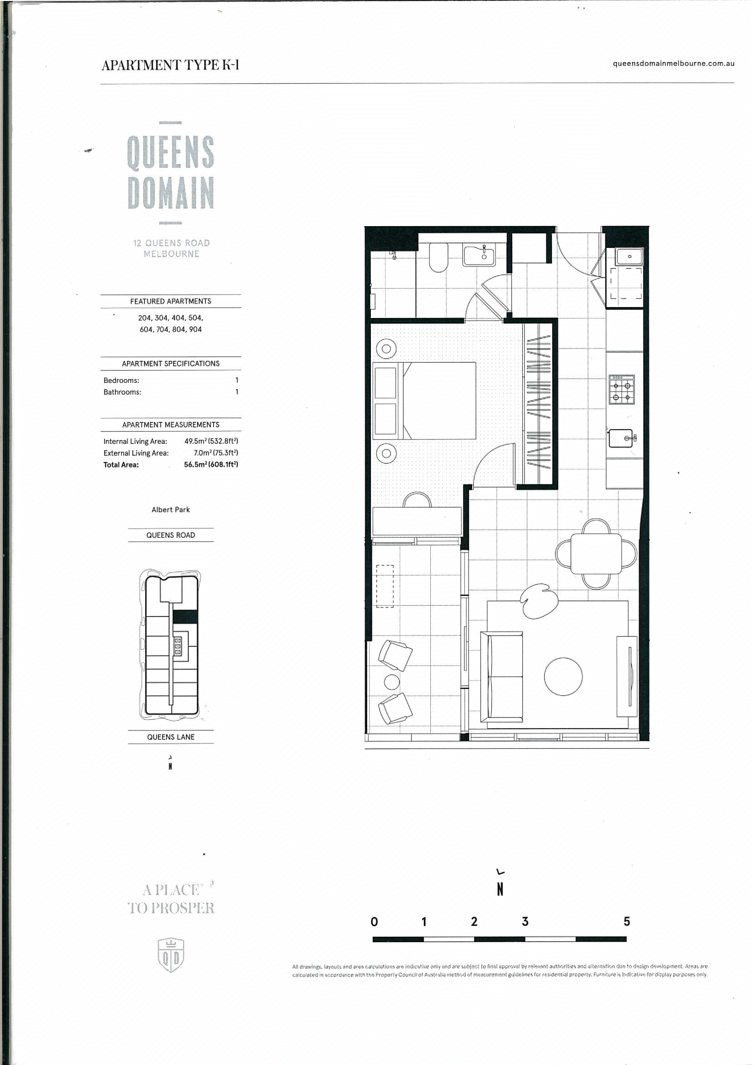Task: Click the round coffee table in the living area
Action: point(563,676)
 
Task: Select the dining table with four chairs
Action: point(596,554)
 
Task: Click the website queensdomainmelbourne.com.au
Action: point(673,63)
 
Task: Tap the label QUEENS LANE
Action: point(171,737)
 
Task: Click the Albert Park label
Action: point(171,509)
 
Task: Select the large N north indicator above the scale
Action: point(500,889)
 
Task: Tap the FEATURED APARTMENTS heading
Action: point(171,301)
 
